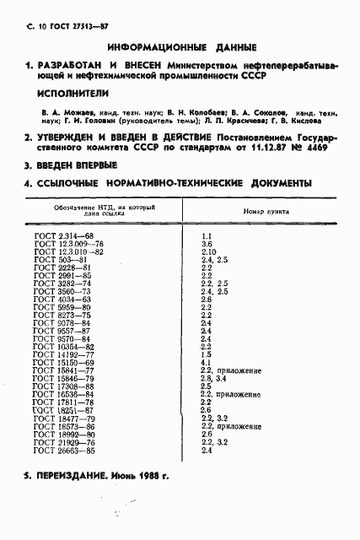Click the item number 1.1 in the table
(207, 235)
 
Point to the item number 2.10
(208, 251)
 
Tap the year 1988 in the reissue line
(147, 476)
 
